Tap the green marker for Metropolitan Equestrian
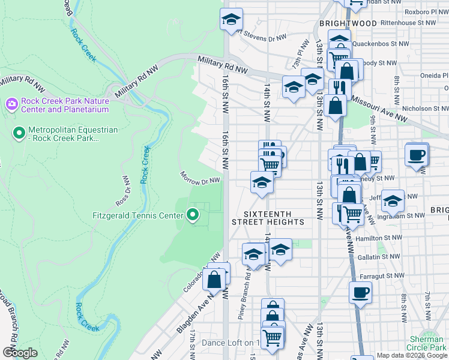[x=19, y=132]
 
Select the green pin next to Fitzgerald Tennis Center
[x=193, y=214]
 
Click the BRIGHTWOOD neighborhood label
[x=348, y=23]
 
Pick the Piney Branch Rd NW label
[x=247, y=296]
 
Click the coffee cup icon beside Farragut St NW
[x=360, y=292]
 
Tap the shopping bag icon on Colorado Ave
[x=214, y=278]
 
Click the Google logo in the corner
[x=20, y=352]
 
